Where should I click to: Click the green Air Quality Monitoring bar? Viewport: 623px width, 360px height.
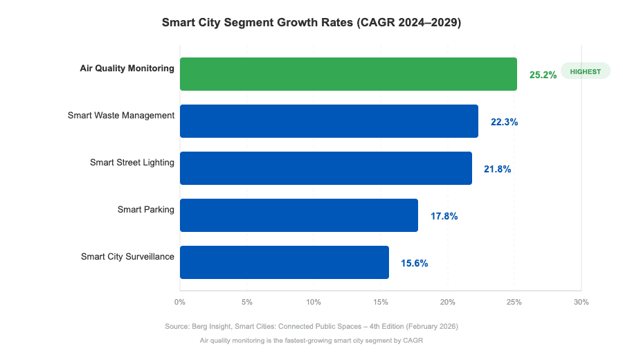[x=348, y=74]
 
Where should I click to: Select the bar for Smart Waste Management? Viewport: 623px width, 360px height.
[x=329, y=121]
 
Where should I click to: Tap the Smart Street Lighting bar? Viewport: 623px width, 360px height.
[x=325, y=168]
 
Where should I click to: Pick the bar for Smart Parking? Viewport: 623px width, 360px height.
[x=298, y=215]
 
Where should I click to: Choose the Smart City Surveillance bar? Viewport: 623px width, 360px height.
[x=284, y=262]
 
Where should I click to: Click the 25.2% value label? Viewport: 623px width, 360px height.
[x=543, y=75]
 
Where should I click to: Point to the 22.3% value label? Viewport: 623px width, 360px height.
[x=504, y=122]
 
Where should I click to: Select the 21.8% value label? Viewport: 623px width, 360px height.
[x=497, y=169]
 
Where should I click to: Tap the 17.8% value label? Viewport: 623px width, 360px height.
[x=444, y=216]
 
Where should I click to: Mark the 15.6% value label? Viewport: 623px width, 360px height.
[x=414, y=263]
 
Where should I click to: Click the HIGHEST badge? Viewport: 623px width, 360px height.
[x=585, y=71]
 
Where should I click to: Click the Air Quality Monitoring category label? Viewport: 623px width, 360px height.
[x=127, y=68]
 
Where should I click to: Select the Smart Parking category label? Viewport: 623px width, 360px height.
[x=145, y=209]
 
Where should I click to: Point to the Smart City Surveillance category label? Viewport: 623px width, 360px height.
[x=127, y=256]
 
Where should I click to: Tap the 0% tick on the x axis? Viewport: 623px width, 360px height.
[x=180, y=302]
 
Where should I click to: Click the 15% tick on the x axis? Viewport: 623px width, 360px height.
[x=381, y=302]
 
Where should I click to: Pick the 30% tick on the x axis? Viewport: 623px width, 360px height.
[x=581, y=302]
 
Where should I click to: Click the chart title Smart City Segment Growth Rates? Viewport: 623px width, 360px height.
[x=311, y=22]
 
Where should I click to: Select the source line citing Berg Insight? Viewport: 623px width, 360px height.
[x=311, y=325]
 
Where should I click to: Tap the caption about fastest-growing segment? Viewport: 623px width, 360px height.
[x=311, y=341]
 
